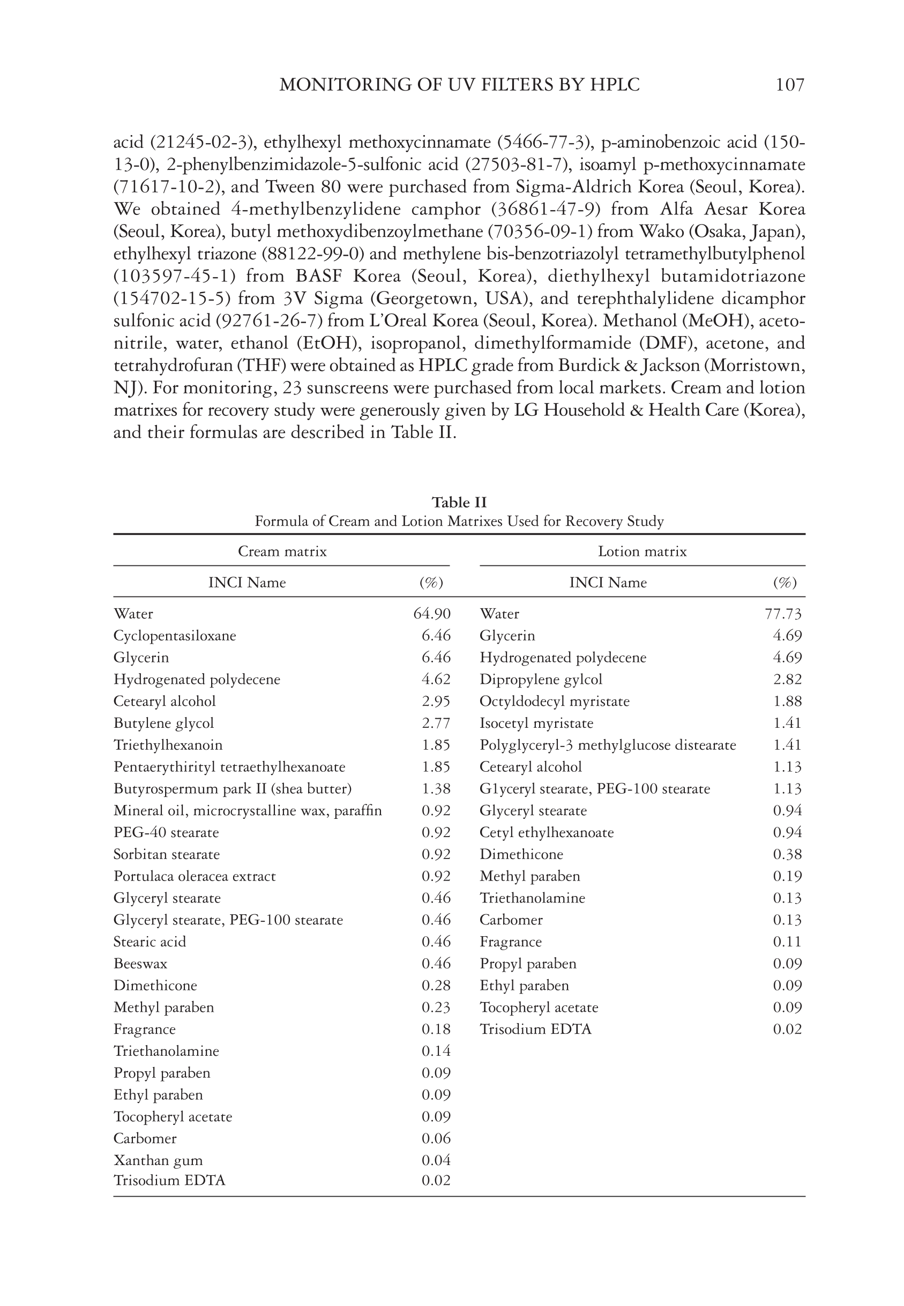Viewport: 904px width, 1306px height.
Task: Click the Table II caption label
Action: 459,502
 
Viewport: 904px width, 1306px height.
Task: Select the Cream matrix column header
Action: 282,551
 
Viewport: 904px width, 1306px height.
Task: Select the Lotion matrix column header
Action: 642,551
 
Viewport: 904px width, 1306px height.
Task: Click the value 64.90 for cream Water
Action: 432,614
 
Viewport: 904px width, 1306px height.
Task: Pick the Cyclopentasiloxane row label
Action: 175,636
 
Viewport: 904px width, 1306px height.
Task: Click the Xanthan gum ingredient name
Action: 158,1160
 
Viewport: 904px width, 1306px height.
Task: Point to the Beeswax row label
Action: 140,964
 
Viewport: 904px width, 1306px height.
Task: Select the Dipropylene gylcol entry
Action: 541,680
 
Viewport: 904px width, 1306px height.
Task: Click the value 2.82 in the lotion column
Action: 787,680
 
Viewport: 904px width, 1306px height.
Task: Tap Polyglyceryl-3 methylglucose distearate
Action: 608,745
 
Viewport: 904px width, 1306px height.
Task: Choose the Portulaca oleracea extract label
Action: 195,877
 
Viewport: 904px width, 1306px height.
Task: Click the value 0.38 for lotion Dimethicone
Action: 787,855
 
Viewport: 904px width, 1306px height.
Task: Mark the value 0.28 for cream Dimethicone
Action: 436,986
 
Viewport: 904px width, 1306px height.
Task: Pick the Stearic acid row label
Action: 150,942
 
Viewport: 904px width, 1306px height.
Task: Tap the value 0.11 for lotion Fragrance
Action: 787,942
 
